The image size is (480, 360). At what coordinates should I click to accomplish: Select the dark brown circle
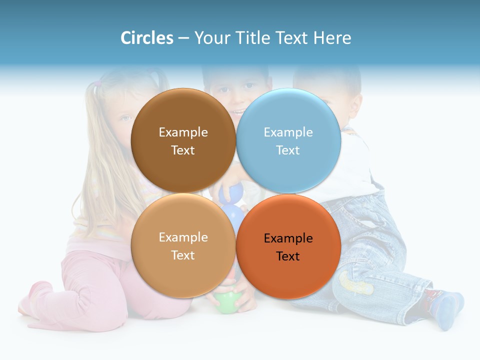coord(183,120)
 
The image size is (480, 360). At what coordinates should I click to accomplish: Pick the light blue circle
coord(288,120)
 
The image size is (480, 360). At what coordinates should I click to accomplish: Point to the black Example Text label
coord(288,247)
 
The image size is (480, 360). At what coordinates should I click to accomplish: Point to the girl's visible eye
coord(124,118)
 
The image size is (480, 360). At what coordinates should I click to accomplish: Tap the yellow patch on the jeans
coord(355,283)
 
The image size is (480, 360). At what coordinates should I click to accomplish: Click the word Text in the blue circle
coord(288,150)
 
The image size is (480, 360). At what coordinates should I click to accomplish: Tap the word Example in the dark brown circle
coord(183,132)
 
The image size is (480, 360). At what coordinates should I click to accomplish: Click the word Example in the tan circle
coord(183,237)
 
